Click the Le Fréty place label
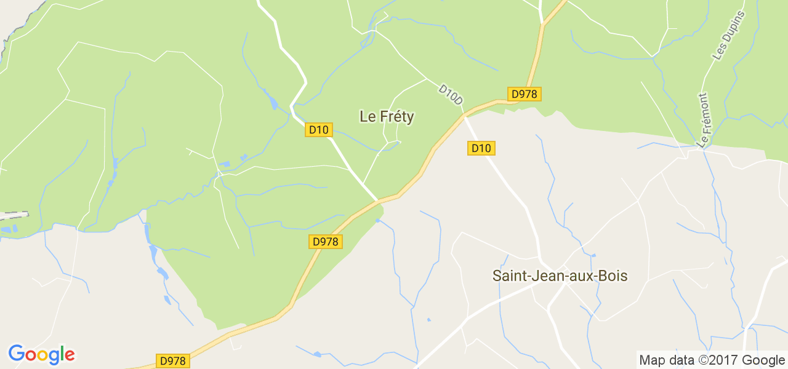[x=387, y=117]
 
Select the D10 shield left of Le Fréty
[x=320, y=130]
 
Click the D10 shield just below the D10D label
[x=481, y=148]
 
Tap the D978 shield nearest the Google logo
[x=172, y=361]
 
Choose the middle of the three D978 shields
[x=325, y=242]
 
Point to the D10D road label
[x=450, y=93]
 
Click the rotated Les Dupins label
[x=728, y=36]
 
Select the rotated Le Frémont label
[x=703, y=121]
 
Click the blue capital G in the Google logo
[x=16, y=354]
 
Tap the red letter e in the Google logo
[x=70, y=355]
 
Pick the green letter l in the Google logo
[x=62, y=354]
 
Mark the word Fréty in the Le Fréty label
[x=396, y=117]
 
